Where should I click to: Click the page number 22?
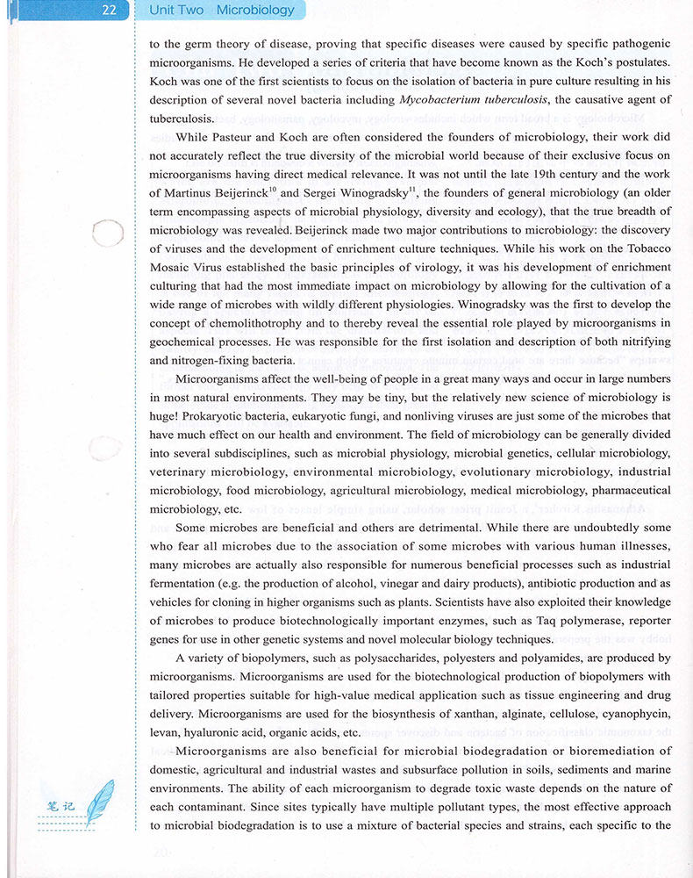[109, 11]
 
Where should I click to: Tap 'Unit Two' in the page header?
[176, 11]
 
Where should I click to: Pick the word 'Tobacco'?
[645, 248]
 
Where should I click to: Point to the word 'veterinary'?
[180, 471]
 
